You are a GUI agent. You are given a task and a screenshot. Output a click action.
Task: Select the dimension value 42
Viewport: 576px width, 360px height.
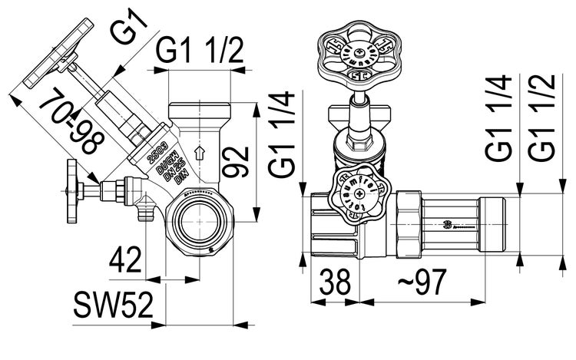124,260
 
